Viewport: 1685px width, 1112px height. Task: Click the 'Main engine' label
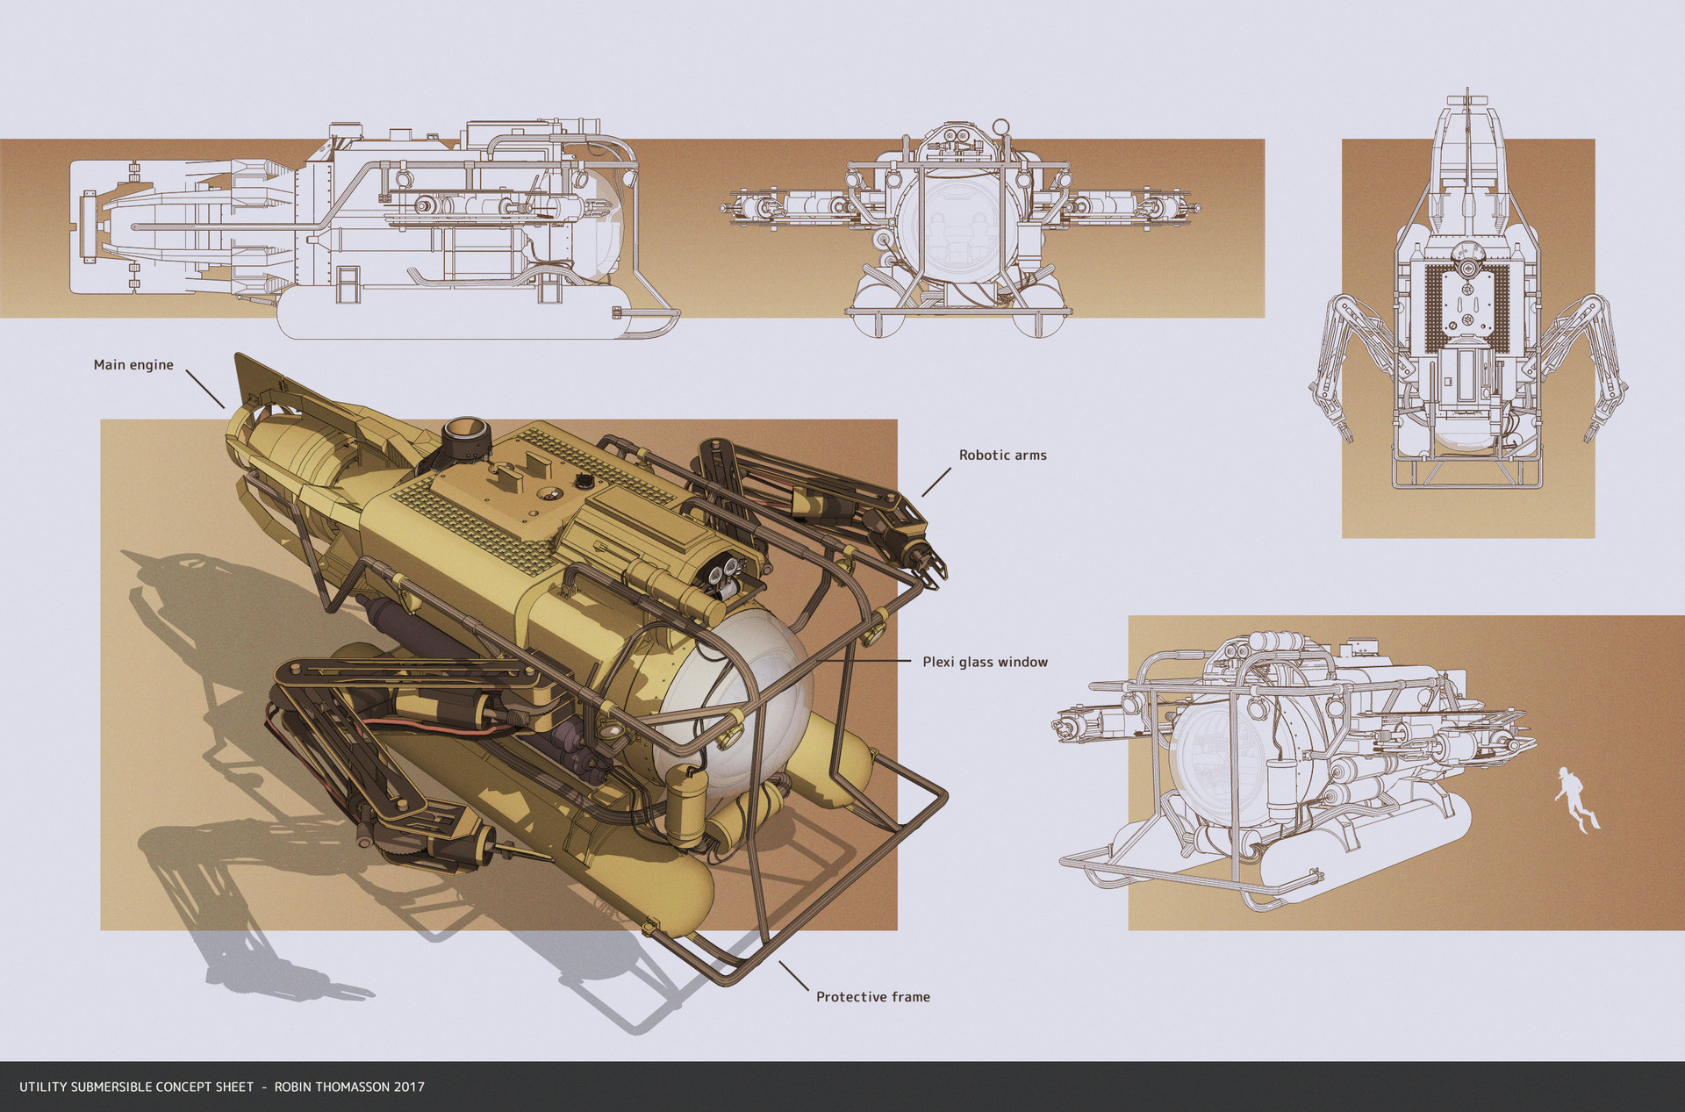click(x=133, y=365)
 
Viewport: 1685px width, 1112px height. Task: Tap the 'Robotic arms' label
click(x=1002, y=456)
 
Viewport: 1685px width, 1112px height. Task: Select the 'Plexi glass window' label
click(x=985, y=663)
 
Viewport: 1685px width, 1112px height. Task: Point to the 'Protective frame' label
click(x=872, y=997)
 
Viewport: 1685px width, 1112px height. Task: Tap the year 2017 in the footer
click(x=409, y=1087)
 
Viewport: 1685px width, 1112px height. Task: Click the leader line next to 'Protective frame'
click(x=793, y=976)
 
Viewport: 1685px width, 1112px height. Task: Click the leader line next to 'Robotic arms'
click(x=936, y=482)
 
